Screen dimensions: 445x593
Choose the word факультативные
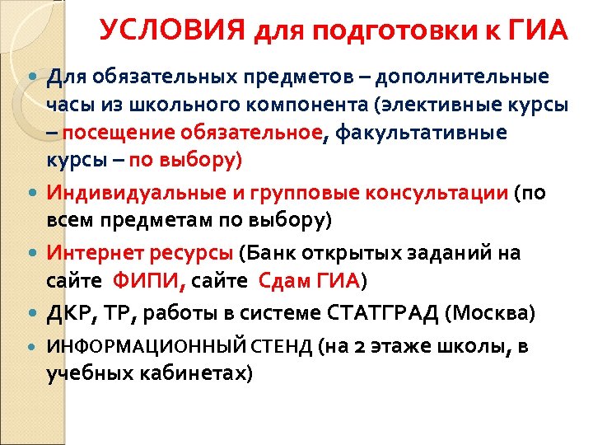click(x=427, y=133)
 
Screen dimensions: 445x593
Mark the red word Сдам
click(x=283, y=280)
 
